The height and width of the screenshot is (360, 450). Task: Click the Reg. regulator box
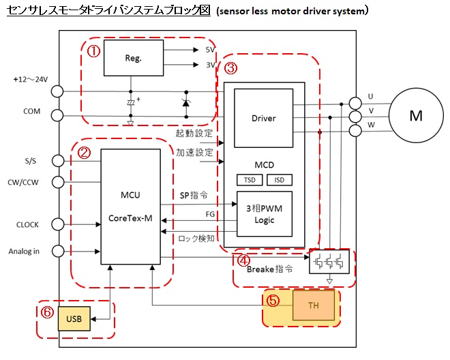click(133, 58)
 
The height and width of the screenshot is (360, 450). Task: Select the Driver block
click(263, 118)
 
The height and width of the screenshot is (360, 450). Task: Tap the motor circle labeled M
click(416, 116)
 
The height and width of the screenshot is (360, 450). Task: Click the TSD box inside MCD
click(247, 180)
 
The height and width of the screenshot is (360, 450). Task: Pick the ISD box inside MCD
click(279, 180)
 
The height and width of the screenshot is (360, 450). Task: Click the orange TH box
click(314, 305)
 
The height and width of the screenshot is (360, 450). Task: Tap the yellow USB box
click(73, 318)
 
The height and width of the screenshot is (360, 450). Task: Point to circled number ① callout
click(93, 51)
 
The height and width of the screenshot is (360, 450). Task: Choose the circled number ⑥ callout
click(46, 312)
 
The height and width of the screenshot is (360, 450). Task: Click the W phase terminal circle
click(355, 131)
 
